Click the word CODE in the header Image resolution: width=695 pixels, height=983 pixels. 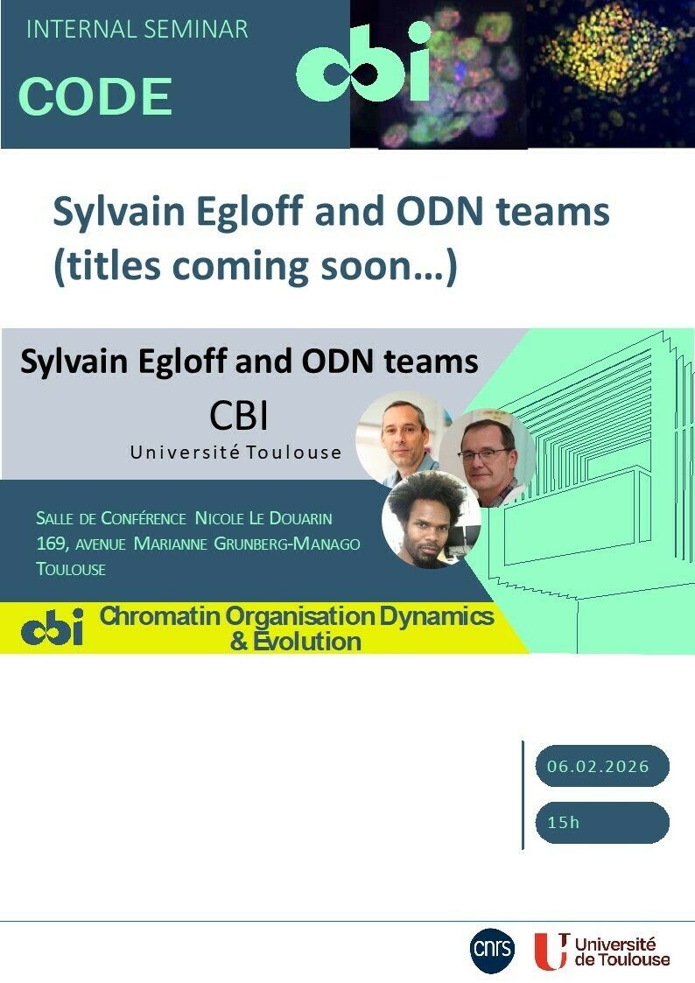coord(95,96)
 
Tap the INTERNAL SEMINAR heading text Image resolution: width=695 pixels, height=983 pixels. coord(137,30)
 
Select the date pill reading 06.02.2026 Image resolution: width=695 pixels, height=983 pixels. coord(602,765)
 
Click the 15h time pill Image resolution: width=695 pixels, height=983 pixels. coord(602,822)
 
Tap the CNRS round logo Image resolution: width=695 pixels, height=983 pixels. coord(492,950)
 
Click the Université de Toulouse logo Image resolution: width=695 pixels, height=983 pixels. coord(602,951)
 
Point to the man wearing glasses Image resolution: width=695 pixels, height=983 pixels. coord(487,459)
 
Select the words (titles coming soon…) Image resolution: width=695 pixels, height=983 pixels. coord(256,266)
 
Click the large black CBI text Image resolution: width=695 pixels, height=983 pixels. coord(239,416)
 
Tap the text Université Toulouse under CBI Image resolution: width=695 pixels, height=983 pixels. coord(235,452)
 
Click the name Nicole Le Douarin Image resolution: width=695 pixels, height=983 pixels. coord(263,518)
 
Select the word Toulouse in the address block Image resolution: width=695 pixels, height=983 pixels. coord(71,569)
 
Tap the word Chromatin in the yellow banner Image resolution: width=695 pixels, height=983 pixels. coord(160,616)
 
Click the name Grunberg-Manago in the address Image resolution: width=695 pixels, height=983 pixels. coord(287,544)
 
